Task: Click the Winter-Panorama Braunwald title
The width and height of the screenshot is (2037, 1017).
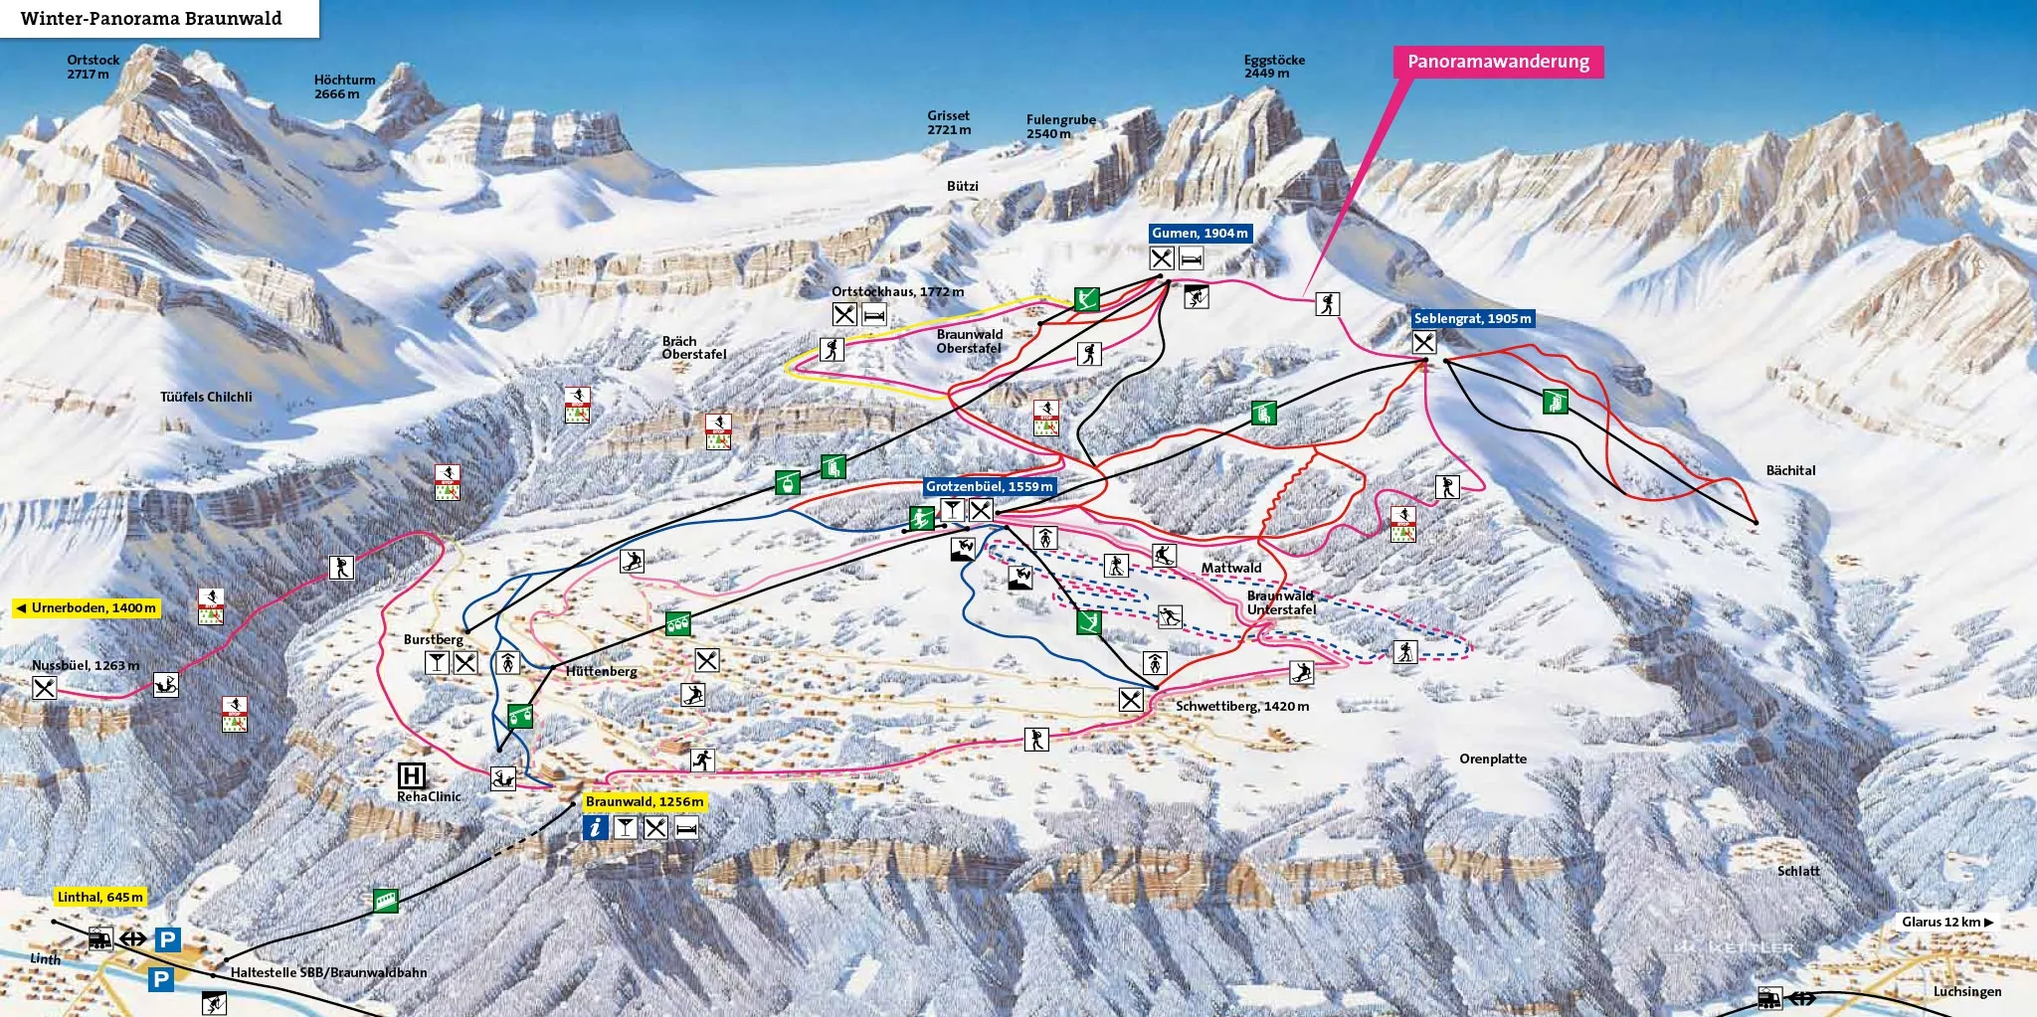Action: (151, 19)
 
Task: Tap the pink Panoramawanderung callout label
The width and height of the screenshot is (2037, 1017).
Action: (1498, 62)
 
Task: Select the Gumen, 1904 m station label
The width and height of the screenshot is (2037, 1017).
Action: (1200, 234)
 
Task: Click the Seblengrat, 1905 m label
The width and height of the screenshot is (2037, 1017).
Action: (1472, 319)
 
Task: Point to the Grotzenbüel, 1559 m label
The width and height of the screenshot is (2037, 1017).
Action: (989, 487)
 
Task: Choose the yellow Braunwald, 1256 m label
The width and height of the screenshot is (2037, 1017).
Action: (645, 802)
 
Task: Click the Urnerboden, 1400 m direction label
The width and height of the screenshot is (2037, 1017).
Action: (87, 608)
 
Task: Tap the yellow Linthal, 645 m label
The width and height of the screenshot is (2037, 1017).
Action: (100, 898)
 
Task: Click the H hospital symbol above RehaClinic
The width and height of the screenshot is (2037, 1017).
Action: (410, 775)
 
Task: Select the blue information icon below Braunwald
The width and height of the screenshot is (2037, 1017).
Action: (595, 827)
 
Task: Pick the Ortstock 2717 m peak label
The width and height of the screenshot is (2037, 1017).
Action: (93, 67)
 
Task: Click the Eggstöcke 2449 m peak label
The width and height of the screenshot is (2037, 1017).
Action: (1273, 67)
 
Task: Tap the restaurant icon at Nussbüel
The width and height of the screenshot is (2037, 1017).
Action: (44, 687)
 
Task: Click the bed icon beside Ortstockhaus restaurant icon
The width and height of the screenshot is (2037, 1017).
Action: (874, 315)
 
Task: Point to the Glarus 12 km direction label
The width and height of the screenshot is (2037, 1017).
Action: (1946, 923)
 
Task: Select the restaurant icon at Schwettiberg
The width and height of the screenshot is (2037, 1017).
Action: (1131, 700)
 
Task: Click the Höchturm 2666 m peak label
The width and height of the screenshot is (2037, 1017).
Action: (344, 86)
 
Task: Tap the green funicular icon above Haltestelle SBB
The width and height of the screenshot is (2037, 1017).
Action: (385, 901)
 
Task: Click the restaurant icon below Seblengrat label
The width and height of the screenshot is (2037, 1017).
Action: (1424, 342)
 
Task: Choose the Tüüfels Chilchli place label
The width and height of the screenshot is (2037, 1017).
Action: (206, 397)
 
